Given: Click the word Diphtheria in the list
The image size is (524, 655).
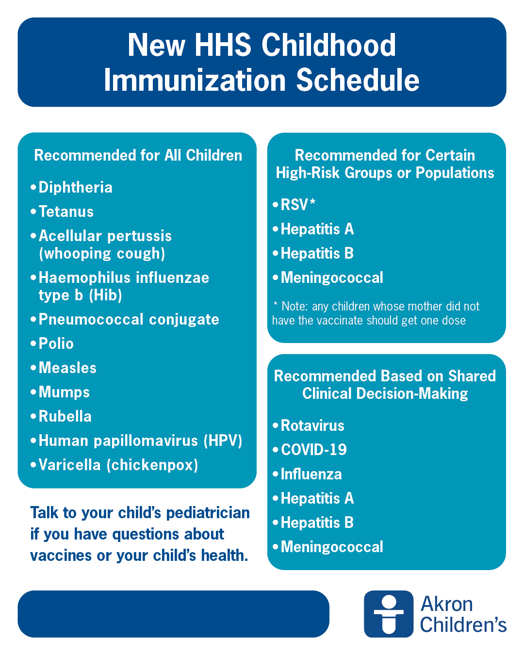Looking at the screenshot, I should click(x=75, y=188).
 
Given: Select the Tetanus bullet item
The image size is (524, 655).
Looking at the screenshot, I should click(x=66, y=212).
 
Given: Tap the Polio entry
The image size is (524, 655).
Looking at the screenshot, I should click(x=56, y=344).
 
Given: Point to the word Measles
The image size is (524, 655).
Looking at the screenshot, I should click(x=67, y=368).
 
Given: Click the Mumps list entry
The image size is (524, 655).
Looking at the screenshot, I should click(x=64, y=393).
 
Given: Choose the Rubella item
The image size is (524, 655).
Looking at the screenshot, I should click(x=65, y=417).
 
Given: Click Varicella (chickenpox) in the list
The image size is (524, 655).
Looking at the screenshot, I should click(x=118, y=465).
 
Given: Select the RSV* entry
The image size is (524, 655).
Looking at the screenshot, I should click(x=297, y=205).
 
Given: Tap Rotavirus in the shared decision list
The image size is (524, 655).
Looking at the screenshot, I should click(x=312, y=426).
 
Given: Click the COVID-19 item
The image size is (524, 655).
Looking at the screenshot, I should click(x=313, y=450).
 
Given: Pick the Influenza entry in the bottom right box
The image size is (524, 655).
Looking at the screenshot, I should click(x=311, y=475).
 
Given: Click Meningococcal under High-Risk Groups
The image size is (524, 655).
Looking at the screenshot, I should click(x=331, y=278).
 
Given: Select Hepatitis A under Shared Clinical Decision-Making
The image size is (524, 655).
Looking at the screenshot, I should click(x=317, y=499).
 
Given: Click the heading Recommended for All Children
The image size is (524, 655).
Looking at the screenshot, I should click(x=138, y=156).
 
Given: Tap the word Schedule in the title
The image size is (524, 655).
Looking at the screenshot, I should click(x=358, y=81).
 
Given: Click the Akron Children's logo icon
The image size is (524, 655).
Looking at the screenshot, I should click(x=388, y=614).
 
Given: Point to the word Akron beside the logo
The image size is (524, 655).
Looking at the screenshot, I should click(x=446, y=605).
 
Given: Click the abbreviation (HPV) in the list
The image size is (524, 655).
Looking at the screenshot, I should click(x=223, y=441).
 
